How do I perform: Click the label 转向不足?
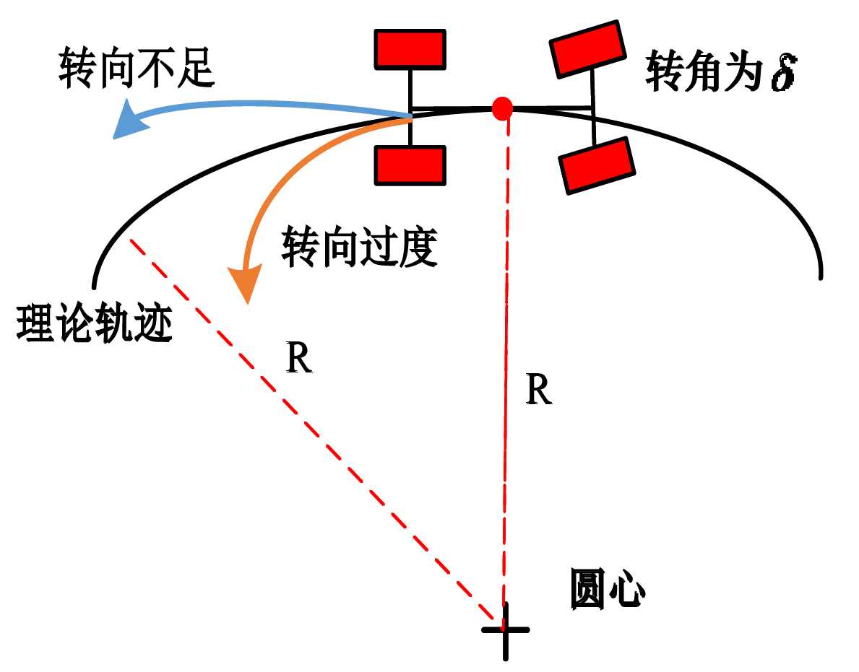coord(137,68)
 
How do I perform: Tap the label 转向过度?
coord(359,248)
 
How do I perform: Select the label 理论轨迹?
coord(94,324)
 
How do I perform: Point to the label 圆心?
coord(607,590)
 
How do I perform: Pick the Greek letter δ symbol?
coord(782,74)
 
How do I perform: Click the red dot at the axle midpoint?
coord(502,108)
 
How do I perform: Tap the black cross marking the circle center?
coord(505,629)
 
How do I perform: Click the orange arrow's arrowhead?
coord(244,284)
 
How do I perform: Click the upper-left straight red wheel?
coord(410,49)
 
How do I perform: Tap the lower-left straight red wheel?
coord(410,165)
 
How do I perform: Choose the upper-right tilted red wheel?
coord(587,48)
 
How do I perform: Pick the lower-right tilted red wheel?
coord(597,166)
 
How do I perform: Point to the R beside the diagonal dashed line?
coord(299,359)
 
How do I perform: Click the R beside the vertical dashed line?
coord(539,390)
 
